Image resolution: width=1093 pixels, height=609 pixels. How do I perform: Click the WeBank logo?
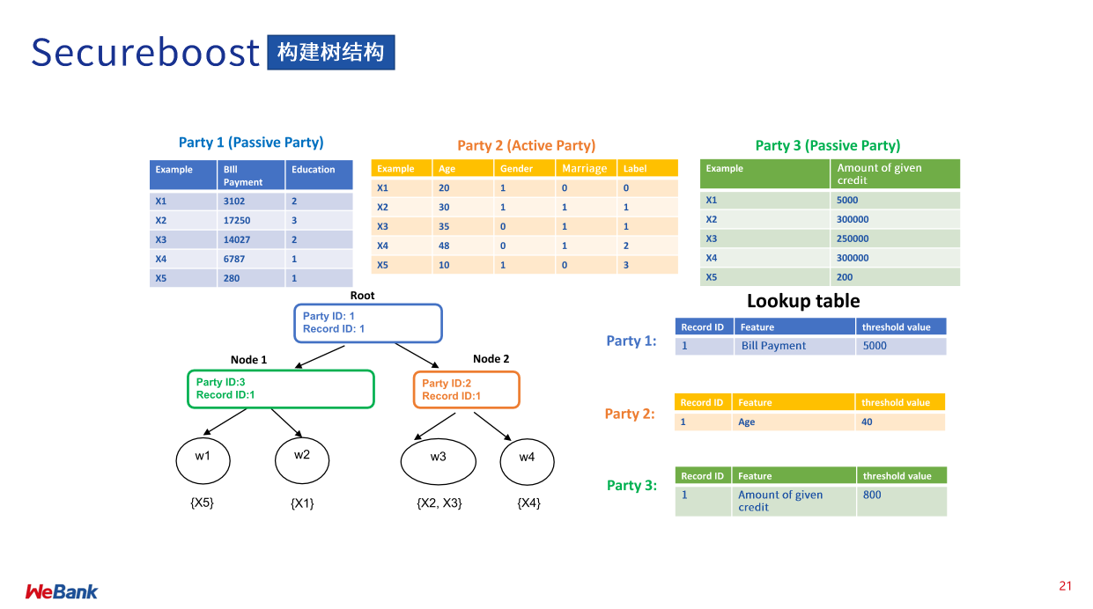pyautogui.click(x=62, y=591)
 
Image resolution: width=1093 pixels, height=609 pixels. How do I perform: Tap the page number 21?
pyautogui.click(x=1066, y=586)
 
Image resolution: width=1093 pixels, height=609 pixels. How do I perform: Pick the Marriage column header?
pyautogui.click(x=585, y=168)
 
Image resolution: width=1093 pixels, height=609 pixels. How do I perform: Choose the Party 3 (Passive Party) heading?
pyautogui.click(x=828, y=146)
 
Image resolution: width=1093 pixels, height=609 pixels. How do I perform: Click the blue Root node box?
pyautogui.click(x=367, y=323)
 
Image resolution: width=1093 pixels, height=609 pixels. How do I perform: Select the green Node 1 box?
pyautogui.click(x=280, y=389)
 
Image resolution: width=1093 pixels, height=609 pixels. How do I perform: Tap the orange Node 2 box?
pyautogui.click(x=466, y=389)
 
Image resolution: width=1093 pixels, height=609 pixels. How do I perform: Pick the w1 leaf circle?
pyautogui.click(x=203, y=458)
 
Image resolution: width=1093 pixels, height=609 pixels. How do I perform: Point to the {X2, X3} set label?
pyautogui.click(x=439, y=503)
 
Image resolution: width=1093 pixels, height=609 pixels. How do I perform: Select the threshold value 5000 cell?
pyautogui.click(x=900, y=346)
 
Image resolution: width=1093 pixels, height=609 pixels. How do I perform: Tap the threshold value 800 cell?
pyautogui.click(x=900, y=501)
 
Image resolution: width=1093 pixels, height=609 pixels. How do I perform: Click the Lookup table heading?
pyautogui.click(x=803, y=301)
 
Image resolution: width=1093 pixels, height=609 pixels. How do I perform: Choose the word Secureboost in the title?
pyautogui.click(x=145, y=53)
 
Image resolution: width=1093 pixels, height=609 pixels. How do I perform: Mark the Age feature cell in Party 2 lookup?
pyautogui.click(x=791, y=422)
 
